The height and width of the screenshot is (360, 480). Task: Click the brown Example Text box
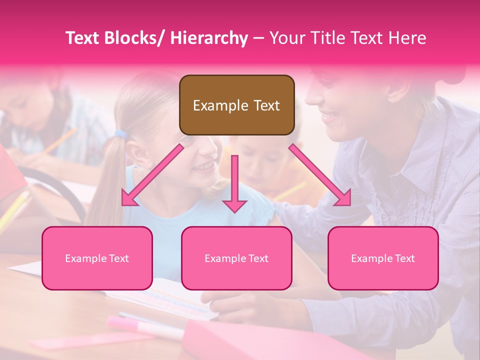click(x=236, y=105)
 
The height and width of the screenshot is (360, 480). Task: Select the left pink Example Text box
click(x=97, y=258)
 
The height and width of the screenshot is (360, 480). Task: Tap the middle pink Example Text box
click(x=236, y=258)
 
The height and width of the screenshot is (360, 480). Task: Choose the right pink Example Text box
click(x=383, y=258)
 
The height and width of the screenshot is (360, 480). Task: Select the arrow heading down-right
click(x=320, y=175)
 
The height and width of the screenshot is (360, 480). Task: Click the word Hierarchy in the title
click(x=208, y=38)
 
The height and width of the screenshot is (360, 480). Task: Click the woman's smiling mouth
click(x=331, y=117)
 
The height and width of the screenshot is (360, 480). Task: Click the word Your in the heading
click(x=286, y=38)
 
